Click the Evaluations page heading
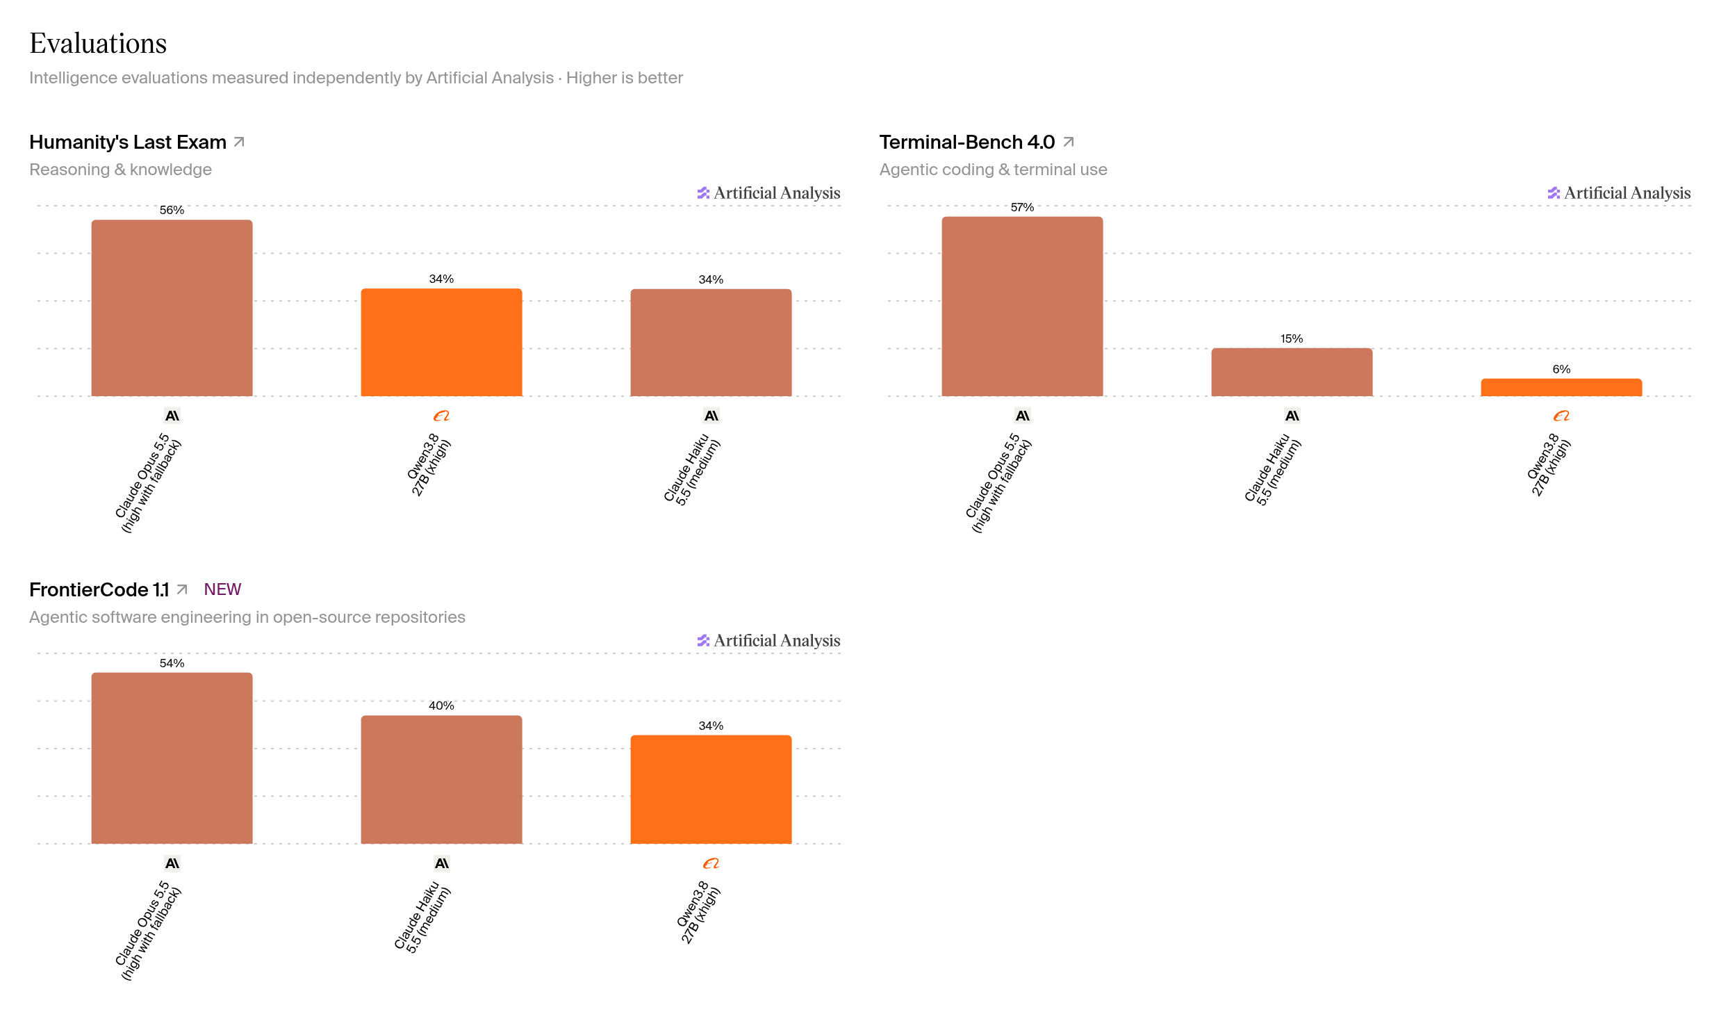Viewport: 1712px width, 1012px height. (x=98, y=43)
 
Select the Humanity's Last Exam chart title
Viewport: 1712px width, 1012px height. (x=128, y=142)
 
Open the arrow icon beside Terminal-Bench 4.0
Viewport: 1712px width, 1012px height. (x=1069, y=142)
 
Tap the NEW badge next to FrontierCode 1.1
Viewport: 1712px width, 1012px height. (x=222, y=589)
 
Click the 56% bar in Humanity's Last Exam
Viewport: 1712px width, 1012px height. (x=172, y=308)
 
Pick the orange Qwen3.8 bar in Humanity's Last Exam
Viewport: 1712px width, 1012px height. (x=441, y=342)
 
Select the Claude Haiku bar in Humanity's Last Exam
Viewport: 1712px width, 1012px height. (x=711, y=343)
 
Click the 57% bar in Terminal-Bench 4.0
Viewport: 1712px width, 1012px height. (x=1022, y=307)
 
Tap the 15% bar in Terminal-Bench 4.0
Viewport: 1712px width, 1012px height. (x=1292, y=372)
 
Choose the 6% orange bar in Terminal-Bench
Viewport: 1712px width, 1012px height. (x=1561, y=387)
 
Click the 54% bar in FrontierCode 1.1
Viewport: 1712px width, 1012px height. (x=172, y=758)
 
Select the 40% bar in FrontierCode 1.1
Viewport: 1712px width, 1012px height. (x=441, y=780)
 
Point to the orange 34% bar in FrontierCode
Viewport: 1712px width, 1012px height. (x=711, y=790)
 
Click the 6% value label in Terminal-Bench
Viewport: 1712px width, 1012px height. (x=1561, y=369)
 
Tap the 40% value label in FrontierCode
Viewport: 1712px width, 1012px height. (x=441, y=705)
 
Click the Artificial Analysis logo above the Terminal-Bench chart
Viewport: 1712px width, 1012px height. (x=1619, y=193)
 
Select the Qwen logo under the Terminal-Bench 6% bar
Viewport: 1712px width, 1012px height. (x=1561, y=416)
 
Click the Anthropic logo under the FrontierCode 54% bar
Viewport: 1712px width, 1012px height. (x=172, y=863)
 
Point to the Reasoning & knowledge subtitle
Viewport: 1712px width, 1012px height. (x=120, y=170)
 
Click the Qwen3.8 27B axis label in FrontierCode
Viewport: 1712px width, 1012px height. (x=699, y=912)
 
